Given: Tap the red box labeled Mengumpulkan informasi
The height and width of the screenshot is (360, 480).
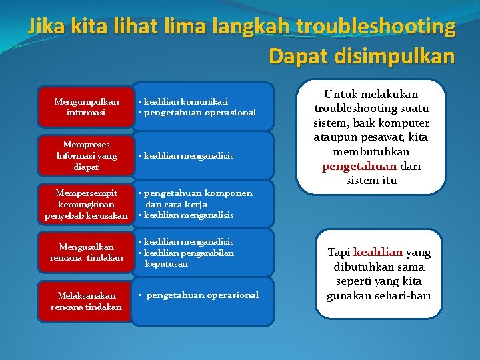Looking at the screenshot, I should tap(86, 107).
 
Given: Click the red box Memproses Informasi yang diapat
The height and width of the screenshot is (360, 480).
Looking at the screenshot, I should tap(86, 155).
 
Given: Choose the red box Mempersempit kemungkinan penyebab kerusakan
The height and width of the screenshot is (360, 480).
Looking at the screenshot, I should tap(86, 205).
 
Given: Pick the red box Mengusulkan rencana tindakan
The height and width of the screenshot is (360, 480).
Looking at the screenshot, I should tap(86, 252).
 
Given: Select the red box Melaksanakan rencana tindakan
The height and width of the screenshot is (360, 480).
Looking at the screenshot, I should tap(86, 301).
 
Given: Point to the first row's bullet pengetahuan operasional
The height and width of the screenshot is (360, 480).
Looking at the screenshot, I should tap(199, 112).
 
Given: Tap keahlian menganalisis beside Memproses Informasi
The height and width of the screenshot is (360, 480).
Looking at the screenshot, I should tap(189, 155).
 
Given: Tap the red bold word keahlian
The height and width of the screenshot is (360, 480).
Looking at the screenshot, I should tap(378, 252).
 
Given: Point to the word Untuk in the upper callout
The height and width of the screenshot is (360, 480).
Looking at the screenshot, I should tap(341, 94).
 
